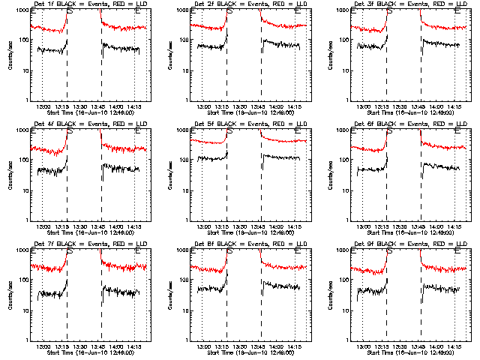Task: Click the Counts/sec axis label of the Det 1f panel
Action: (9, 55)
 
